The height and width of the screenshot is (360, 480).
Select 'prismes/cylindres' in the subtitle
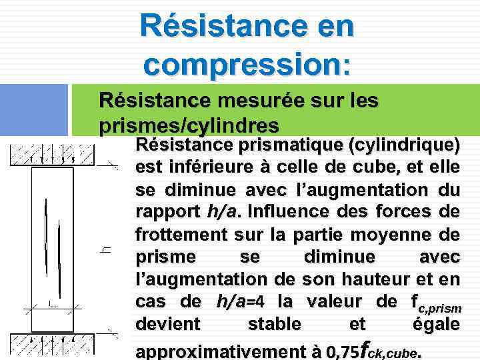tap(189, 125)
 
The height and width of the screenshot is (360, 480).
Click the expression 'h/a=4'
tap(241, 302)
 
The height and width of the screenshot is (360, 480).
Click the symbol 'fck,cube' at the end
tap(389, 349)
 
